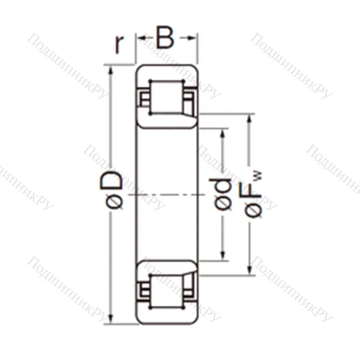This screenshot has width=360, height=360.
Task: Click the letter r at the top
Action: [x=120, y=45]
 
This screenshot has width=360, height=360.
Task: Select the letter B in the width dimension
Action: [x=166, y=37]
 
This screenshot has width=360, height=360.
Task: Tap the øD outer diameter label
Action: [x=115, y=190]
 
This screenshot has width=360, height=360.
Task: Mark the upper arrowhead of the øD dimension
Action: [x=110, y=70]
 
